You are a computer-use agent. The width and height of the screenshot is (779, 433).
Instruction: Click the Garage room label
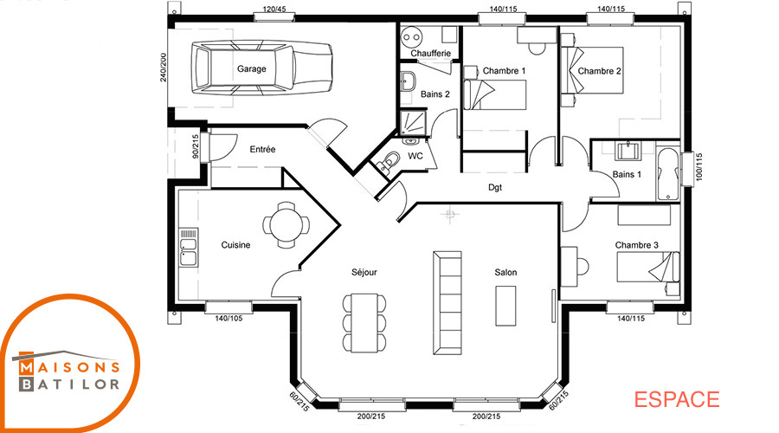coord(251,68)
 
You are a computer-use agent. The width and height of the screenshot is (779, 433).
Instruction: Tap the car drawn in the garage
coord(261,68)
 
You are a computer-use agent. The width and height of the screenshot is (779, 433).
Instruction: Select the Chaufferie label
coord(431,53)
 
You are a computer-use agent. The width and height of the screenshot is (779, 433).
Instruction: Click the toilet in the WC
coord(389,160)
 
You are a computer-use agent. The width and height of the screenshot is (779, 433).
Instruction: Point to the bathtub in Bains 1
coord(667,173)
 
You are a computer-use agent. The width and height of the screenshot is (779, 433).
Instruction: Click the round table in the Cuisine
coord(286,224)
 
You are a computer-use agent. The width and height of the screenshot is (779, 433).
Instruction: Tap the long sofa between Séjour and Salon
coord(447,303)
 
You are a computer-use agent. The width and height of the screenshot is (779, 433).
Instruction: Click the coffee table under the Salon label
coord(505,306)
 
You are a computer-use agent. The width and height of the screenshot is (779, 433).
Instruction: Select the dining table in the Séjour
coord(364,321)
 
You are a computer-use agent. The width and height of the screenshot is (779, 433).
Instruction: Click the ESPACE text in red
coord(677,400)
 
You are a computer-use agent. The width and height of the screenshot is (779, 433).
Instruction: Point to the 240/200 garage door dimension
coord(164,67)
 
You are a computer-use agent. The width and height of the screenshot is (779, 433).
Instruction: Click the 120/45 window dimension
coord(274,9)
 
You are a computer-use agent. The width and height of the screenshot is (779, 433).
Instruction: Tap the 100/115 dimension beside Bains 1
coord(699,166)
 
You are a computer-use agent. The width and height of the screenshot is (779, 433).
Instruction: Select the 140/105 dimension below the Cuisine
coord(229,318)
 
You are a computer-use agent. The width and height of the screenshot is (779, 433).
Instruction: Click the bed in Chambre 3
coord(647,267)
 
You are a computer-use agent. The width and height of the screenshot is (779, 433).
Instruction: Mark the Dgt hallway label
coord(495,187)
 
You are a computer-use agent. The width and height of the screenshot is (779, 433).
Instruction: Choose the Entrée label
coord(262,149)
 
